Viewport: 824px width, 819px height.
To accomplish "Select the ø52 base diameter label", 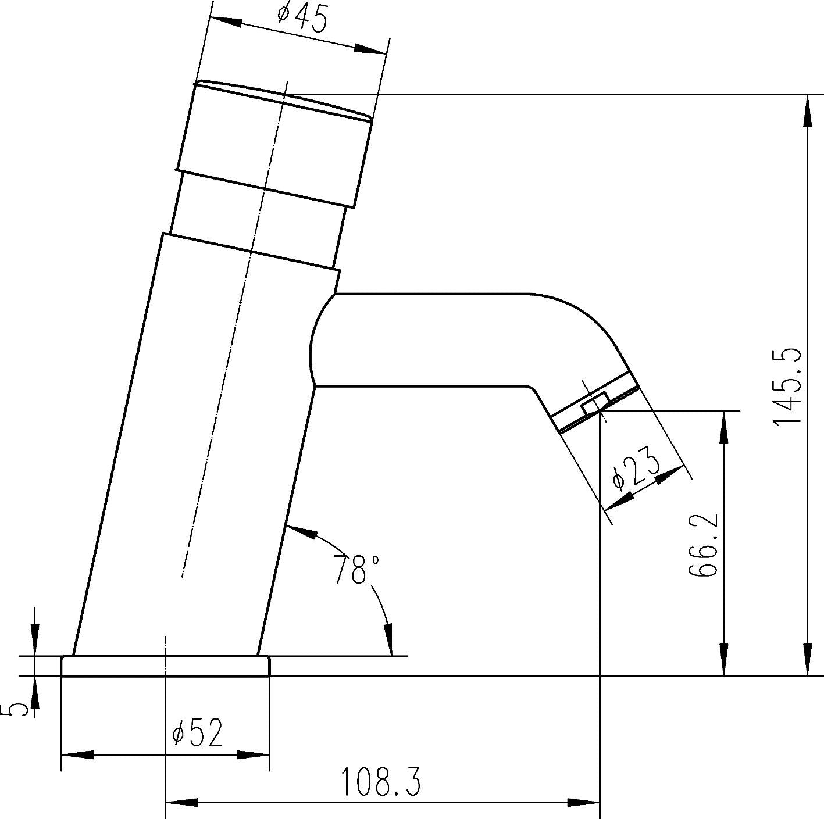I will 198,734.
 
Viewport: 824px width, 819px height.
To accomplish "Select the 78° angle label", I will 356,569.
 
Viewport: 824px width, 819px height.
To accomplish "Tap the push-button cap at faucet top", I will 273,142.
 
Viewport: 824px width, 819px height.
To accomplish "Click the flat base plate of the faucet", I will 166,666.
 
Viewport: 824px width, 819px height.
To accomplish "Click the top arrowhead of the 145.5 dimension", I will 808,110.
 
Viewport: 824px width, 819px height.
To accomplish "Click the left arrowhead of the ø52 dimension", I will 77,755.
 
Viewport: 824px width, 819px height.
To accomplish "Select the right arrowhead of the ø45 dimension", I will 369,49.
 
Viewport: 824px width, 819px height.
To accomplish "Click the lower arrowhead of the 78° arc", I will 388,639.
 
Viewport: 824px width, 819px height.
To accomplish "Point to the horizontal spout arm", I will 430,340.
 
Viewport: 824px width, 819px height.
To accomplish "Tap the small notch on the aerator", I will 594,403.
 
